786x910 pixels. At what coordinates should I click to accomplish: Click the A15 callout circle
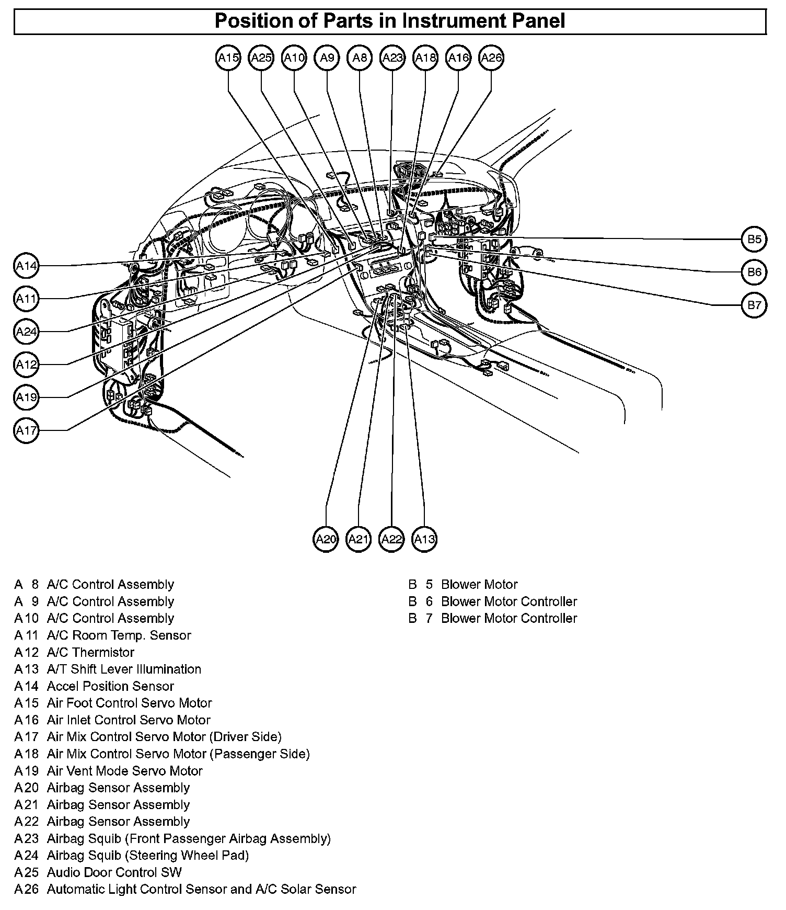coord(228,58)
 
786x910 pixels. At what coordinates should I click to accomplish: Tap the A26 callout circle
coord(491,58)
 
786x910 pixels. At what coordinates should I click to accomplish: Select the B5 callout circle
coord(754,240)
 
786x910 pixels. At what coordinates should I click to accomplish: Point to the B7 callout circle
coord(754,305)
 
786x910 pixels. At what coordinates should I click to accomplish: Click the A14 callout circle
coord(26,266)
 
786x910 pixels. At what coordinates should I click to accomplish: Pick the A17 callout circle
coord(26,430)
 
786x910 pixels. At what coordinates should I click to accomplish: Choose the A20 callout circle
coord(326,539)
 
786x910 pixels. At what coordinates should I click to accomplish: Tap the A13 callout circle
coord(424,539)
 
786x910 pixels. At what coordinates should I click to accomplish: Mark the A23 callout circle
coord(392,58)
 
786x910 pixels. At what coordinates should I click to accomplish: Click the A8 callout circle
coord(360,58)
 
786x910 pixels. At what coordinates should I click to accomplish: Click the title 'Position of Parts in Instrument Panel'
coord(390,21)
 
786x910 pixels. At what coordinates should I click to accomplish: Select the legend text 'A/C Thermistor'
coord(90,652)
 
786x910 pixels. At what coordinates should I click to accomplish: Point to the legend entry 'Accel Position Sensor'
coord(110,686)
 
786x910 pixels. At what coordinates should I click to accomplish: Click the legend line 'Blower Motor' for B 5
coord(479,584)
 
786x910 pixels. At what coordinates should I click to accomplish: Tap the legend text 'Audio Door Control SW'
coord(114,872)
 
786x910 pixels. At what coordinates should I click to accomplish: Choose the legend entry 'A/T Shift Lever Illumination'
coord(124,669)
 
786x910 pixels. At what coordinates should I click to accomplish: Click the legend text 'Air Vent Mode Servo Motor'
coord(124,771)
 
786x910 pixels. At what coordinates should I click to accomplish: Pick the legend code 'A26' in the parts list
coord(27,889)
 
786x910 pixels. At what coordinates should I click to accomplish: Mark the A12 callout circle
coord(26,365)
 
